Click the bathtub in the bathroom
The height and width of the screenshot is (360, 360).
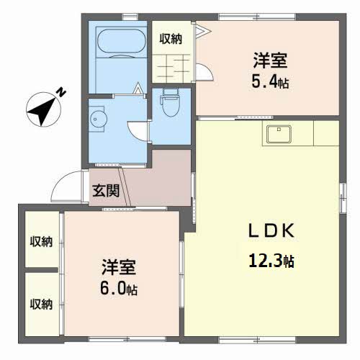point(122,41)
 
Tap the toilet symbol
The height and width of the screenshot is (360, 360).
point(171,102)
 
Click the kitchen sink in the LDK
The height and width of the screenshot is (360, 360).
point(279,134)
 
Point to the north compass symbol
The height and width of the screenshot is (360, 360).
point(43,109)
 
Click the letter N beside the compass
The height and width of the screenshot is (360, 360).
point(61,92)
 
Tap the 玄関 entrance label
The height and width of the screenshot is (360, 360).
point(106,191)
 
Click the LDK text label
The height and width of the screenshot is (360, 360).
point(271,230)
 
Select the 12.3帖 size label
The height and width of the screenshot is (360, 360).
point(271,261)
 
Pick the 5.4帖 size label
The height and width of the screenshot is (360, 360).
point(270,81)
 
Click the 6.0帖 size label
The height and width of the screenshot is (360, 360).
point(119,288)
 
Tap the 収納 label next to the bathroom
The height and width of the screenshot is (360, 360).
point(171,39)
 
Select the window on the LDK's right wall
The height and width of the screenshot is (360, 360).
point(343,198)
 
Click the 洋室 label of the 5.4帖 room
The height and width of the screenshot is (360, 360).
point(270,60)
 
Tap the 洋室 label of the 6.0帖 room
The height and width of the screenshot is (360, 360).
point(119,267)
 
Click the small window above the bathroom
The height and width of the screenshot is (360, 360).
point(130,17)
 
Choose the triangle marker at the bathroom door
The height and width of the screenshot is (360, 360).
point(138,88)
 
